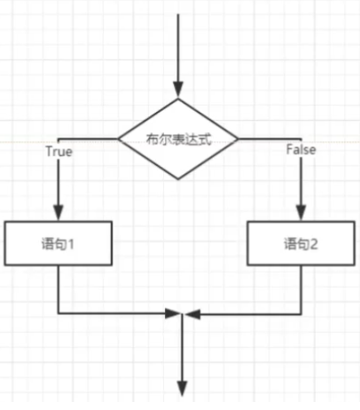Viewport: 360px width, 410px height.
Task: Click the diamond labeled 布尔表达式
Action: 178,138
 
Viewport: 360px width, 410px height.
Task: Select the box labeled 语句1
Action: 58,243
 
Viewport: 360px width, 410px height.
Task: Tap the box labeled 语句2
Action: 301,243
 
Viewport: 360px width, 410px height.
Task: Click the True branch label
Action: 59,152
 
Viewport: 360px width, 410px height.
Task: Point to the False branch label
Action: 301,150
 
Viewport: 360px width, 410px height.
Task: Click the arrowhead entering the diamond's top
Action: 178,90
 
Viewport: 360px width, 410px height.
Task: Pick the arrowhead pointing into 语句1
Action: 59,212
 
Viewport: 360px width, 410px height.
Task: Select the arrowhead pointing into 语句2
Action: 301,212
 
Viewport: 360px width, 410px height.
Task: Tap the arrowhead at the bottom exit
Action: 182,389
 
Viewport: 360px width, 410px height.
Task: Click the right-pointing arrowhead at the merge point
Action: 172,313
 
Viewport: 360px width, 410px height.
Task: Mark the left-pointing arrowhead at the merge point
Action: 192,314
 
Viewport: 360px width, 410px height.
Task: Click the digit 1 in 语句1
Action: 71,244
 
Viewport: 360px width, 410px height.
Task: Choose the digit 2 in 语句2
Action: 313,244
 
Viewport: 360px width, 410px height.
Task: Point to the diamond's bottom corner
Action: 178,179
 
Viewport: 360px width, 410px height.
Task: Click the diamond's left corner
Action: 118,138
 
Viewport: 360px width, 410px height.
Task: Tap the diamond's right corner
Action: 238,138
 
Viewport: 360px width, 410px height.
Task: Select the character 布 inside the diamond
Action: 152,139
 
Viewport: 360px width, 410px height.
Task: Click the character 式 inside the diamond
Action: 205,139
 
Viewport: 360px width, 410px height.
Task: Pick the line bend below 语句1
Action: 59,313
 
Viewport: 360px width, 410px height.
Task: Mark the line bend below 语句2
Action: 301,313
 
